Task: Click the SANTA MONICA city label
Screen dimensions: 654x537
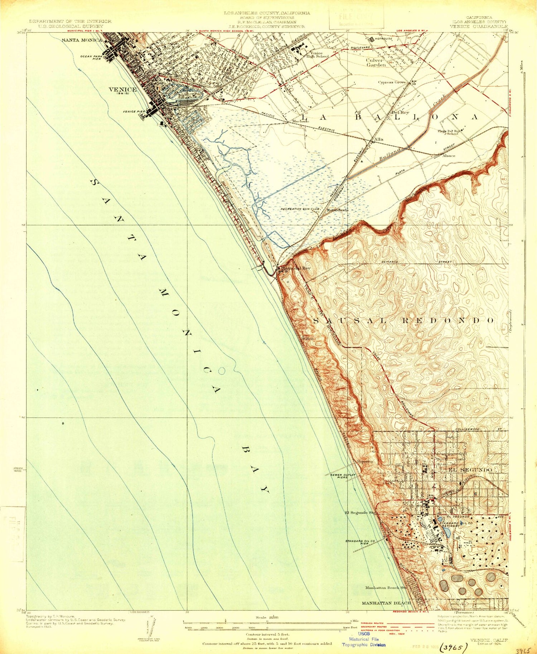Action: coord(82,40)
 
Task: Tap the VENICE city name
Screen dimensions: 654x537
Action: coord(123,90)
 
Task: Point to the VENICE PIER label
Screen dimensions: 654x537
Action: coord(134,112)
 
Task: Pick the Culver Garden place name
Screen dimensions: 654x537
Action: coord(376,63)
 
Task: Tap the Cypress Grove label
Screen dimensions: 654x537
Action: coord(392,82)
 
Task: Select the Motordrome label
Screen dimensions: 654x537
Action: coord(337,210)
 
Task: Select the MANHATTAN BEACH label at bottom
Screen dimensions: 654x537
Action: coord(386,603)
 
